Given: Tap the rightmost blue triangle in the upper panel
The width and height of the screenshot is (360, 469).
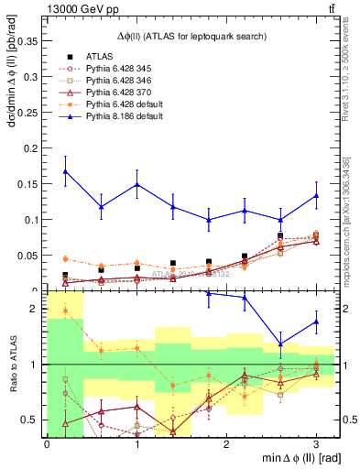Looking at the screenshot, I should click(x=316, y=195).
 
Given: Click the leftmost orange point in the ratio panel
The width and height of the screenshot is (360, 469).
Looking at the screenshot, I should click(x=65, y=311).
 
